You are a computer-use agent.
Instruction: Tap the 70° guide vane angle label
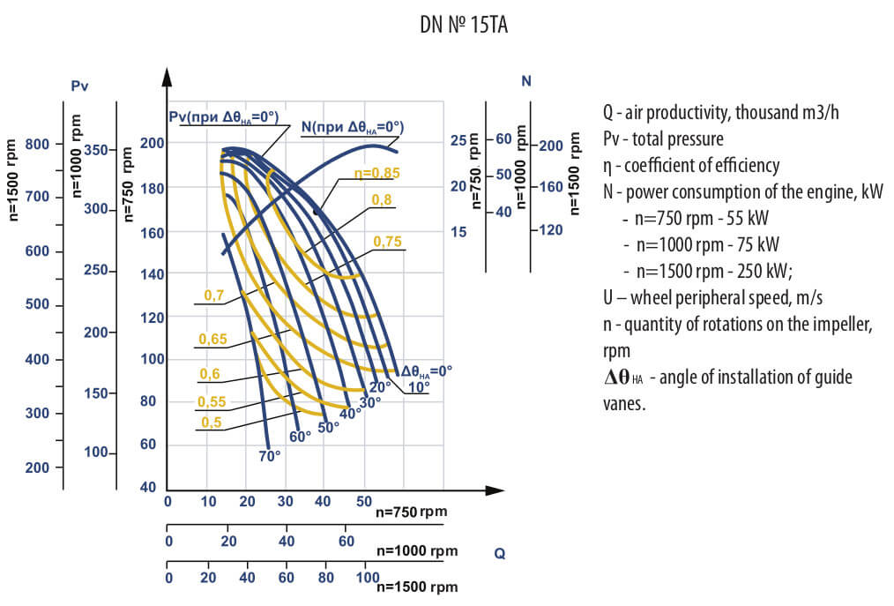click(269, 456)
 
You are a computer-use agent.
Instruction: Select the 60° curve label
click(300, 436)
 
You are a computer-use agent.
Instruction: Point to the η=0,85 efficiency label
click(376, 173)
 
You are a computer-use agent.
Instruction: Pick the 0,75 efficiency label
click(388, 241)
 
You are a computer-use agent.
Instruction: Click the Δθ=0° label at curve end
click(427, 371)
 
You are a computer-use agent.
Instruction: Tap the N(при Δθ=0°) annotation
click(352, 126)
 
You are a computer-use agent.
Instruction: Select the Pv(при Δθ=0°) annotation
click(223, 116)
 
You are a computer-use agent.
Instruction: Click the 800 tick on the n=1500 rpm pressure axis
click(38, 144)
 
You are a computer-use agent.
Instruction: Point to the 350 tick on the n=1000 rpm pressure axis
click(96, 150)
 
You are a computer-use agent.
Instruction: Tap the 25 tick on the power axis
click(458, 140)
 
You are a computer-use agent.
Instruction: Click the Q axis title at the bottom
click(500, 554)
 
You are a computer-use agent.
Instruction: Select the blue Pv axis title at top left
click(80, 86)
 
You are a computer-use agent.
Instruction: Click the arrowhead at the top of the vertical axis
click(166, 74)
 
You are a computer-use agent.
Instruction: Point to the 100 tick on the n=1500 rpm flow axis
click(367, 578)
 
